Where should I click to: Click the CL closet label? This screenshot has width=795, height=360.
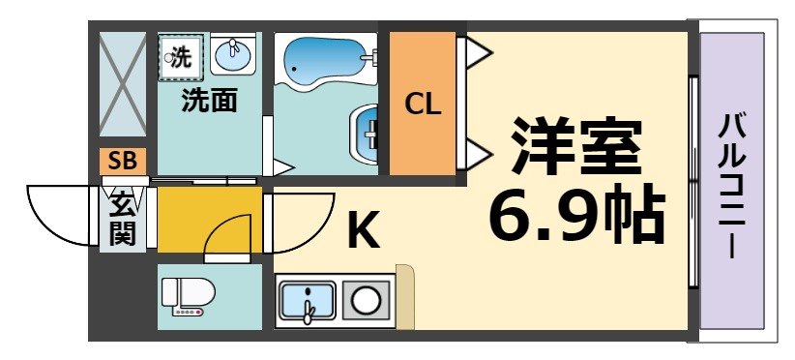click(423, 104)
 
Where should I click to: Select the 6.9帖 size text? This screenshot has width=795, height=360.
click(576, 215)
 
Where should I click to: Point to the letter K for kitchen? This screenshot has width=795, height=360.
click(363, 231)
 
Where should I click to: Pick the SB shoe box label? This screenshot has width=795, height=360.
click(123, 162)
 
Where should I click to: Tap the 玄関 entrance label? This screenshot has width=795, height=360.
click(122, 219)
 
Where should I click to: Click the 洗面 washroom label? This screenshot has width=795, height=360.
click(210, 100)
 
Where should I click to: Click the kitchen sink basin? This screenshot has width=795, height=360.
click(307, 301)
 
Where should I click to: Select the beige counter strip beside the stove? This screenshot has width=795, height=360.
click(405, 296)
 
